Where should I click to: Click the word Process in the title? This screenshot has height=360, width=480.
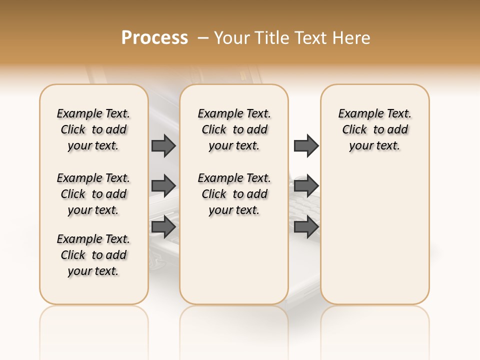coord(154,38)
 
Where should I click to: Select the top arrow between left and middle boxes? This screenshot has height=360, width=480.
coord(163,145)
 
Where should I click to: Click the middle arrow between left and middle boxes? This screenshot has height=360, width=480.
coord(163,186)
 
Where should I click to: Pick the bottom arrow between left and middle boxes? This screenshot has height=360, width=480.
coord(163,227)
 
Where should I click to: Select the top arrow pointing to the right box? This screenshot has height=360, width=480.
coord(306,145)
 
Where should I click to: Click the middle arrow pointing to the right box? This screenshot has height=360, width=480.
coord(306,186)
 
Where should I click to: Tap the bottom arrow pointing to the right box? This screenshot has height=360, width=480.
coord(306,227)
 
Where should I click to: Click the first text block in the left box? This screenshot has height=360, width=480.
coord(93,129)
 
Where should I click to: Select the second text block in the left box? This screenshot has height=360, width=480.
coord(93,194)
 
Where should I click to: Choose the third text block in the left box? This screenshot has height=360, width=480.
coord(93,255)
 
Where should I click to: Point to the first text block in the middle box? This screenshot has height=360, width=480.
coord(234,129)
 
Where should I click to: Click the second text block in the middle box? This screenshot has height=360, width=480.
coord(234,194)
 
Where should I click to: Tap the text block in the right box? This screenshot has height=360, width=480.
coord(374,129)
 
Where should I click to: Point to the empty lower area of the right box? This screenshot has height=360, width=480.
coord(374,235)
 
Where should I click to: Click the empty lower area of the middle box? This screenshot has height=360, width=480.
coord(234,260)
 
